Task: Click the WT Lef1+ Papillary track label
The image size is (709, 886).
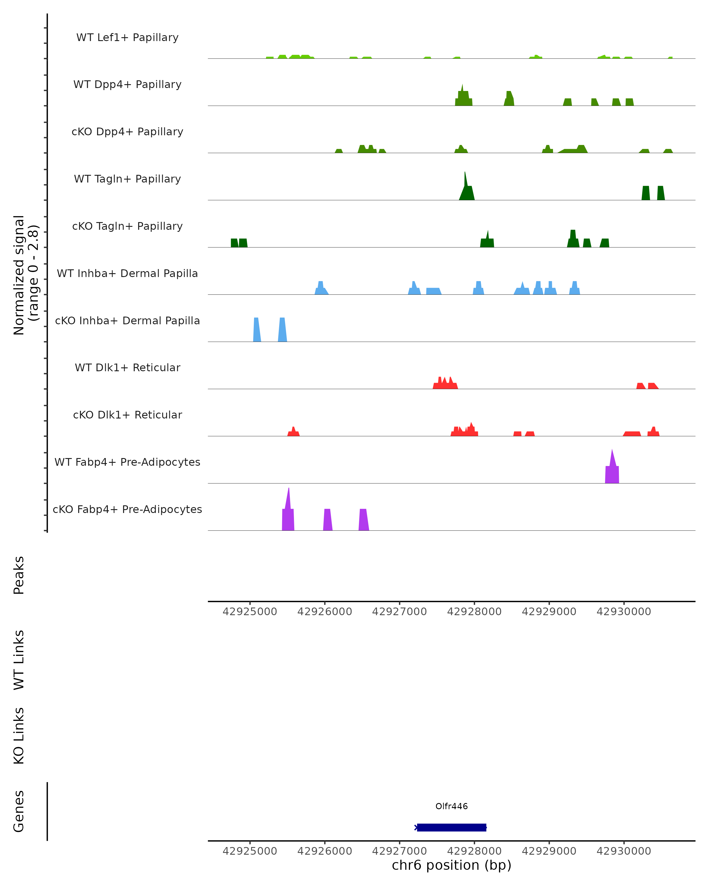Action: [127, 38]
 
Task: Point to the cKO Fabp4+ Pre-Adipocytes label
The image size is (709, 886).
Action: [127, 509]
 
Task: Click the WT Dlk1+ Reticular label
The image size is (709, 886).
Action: [127, 367]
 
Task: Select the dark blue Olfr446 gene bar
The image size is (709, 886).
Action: [451, 827]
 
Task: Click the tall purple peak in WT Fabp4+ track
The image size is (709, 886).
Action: [612, 468]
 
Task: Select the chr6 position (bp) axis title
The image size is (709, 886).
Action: [451, 865]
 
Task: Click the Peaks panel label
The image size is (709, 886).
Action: [19, 575]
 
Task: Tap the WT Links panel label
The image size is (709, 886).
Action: [19, 660]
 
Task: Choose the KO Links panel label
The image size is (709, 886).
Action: [19, 736]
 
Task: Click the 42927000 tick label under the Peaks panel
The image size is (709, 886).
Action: [399, 612]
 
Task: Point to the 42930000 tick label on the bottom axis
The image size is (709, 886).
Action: [624, 851]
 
